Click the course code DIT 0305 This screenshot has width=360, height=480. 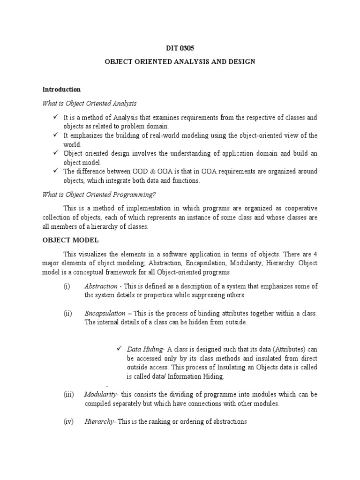180,47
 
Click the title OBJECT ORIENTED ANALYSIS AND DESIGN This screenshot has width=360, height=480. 180,62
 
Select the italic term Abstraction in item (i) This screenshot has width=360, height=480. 101,286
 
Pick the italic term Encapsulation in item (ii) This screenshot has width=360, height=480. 105,313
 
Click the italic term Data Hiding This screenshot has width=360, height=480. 144,349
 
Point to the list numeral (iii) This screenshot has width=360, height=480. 68,394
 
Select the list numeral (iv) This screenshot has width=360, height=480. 68,421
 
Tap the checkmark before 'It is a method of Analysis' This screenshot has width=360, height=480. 55,117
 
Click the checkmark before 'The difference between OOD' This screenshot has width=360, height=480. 55,171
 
